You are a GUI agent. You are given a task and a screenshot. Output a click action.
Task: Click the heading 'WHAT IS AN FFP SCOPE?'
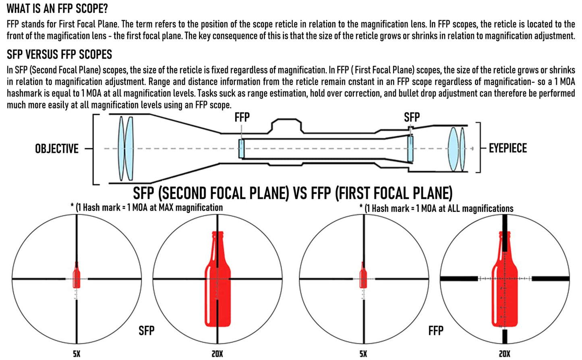[57, 8]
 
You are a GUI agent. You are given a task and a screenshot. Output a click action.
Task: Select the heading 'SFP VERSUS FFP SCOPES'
[59, 54]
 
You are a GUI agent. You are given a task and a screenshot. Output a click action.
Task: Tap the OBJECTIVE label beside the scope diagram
[57, 149]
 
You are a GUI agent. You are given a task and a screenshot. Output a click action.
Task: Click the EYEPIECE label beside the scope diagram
[507, 148]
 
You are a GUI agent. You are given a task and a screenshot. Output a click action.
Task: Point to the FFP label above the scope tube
[242, 117]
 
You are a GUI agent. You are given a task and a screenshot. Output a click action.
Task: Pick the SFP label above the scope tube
[412, 117]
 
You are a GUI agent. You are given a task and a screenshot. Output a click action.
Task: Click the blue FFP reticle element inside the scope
[241, 149]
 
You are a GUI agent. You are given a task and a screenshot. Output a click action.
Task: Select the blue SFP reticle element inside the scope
[410, 149]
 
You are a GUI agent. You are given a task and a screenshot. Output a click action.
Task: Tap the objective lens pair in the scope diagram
[125, 148]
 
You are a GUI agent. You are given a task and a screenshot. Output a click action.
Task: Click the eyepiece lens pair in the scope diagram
[457, 149]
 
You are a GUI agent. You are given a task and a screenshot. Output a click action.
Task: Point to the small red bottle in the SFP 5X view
[77, 276]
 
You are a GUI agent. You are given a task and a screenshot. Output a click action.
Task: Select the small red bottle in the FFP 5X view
[363, 277]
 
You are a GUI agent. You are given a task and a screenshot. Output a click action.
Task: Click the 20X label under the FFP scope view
[504, 354]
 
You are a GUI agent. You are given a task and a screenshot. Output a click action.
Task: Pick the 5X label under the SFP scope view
[77, 354]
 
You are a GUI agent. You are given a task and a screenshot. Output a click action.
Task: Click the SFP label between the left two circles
[146, 331]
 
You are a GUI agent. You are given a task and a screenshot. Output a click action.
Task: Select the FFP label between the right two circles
[436, 331]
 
